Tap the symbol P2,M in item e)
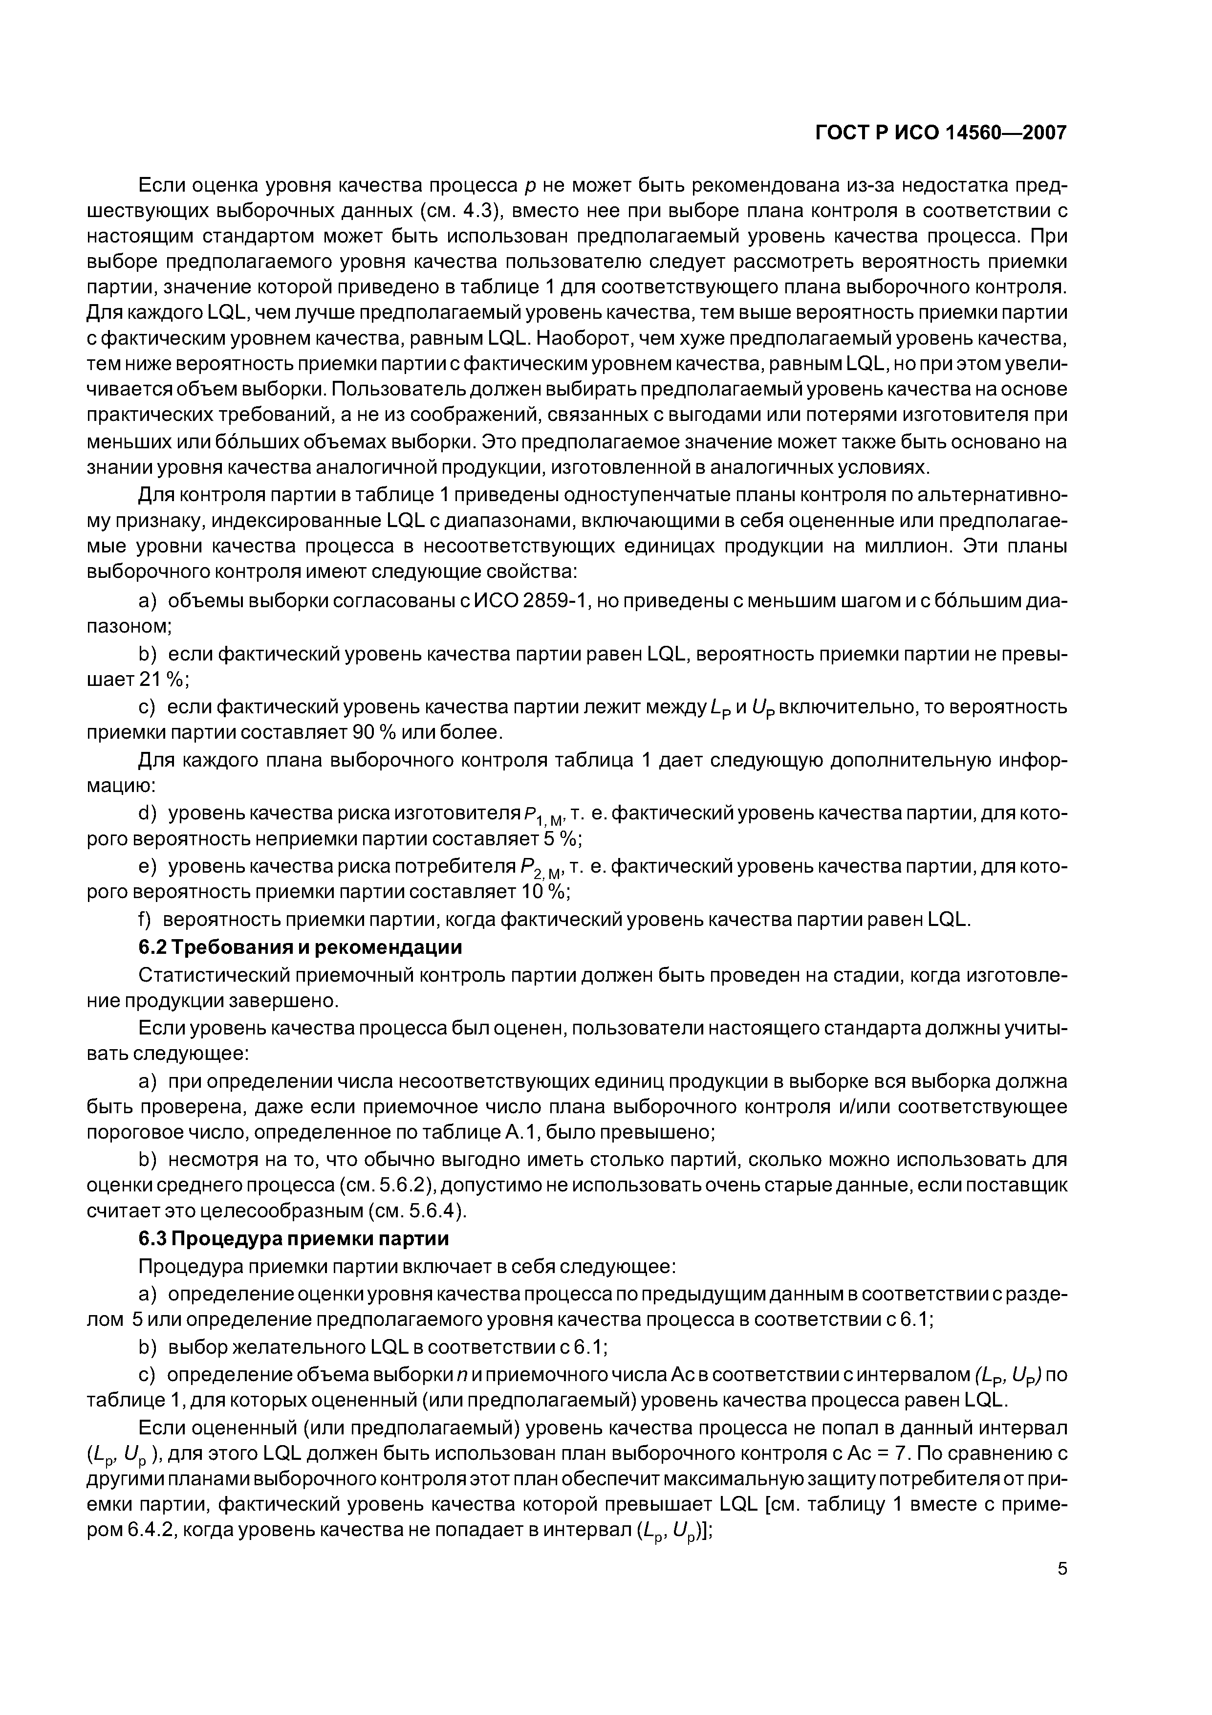click(x=543, y=869)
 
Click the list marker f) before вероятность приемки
click(x=146, y=920)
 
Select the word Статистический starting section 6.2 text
click(x=212, y=975)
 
